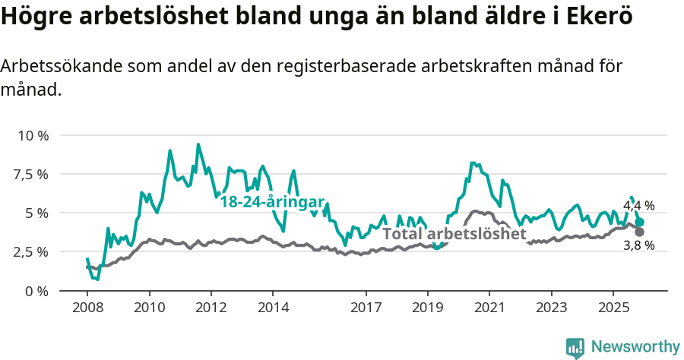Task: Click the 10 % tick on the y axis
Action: coord(32,135)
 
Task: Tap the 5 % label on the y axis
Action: coord(36,213)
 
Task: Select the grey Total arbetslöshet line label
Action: coord(454,234)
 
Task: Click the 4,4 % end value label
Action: coord(638,206)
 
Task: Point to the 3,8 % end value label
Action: coord(638,245)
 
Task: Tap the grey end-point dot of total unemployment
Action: coord(640,232)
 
